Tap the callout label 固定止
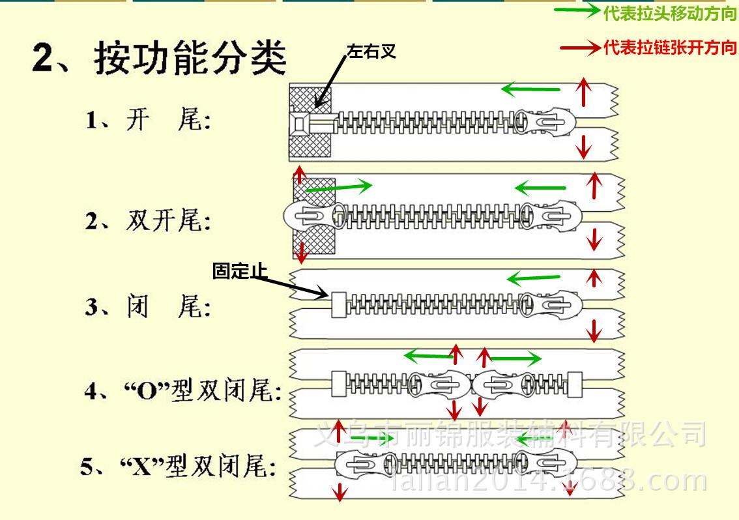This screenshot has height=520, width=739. click(240, 270)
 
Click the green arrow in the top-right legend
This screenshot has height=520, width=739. click(577, 10)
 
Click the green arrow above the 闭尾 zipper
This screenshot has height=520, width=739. click(533, 279)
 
